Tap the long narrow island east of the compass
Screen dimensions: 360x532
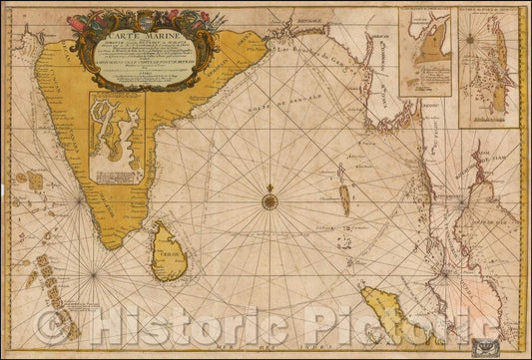(x=345, y=200)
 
